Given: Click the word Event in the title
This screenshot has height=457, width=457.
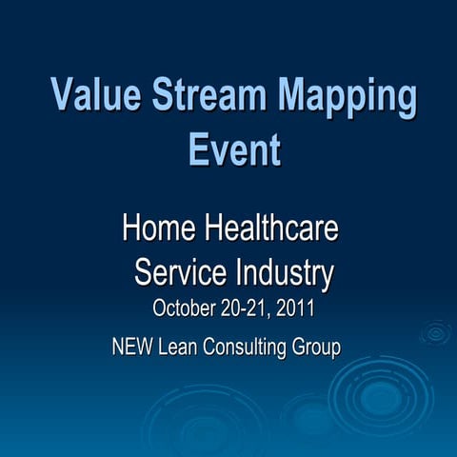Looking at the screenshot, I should (234, 149).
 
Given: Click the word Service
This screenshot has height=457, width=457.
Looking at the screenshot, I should (179, 273).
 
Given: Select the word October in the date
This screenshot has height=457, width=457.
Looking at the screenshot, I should (185, 309).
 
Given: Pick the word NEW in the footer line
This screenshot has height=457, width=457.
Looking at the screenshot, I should (130, 348).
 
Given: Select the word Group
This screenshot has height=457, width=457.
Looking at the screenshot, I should (317, 348).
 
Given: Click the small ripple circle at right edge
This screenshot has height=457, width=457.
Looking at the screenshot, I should (436, 332).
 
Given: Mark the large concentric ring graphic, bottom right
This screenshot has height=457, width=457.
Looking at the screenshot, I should (381, 398).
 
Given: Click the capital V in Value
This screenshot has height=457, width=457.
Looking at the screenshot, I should (63, 97).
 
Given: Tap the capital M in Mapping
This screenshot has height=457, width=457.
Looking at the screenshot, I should (297, 97).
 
